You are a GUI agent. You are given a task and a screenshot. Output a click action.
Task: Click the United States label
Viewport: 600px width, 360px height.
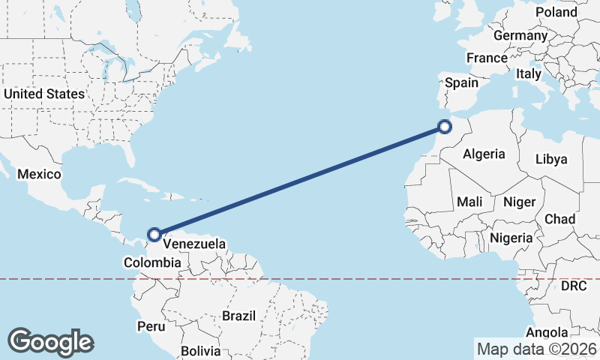(x=44, y=94)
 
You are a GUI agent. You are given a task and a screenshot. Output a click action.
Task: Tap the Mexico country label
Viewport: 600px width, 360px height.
(x=39, y=174)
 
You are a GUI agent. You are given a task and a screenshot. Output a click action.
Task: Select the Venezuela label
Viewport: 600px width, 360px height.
(x=194, y=244)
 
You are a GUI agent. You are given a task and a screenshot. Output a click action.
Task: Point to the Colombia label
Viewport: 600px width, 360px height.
(x=152, y=262)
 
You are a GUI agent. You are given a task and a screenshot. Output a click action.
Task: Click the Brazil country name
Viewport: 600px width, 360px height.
(x=238, y=316)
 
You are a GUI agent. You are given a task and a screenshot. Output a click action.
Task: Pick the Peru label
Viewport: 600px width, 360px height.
(x=150, y=326)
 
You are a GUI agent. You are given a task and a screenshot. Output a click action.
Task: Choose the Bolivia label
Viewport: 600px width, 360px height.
(x=200, y=350)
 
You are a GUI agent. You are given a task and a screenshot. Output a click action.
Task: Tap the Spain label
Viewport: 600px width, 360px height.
(x=462, y=82)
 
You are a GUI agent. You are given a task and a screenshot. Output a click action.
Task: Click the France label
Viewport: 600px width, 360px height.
(x=487, y=58)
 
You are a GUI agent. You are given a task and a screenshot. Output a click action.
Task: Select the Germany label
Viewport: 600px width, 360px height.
(x=520, y=35)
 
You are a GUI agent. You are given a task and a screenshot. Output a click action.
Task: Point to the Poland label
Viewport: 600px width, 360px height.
(x=556, y=12)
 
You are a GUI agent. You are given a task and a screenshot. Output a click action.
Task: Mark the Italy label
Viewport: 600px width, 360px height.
(x=528, y=73)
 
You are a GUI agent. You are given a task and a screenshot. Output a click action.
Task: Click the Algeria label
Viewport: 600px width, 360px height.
(x=484, y=154)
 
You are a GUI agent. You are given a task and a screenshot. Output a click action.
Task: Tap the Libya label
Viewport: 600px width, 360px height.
(x=551, y=159)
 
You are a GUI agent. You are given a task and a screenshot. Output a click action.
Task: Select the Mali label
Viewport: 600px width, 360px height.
(x=470, y=202)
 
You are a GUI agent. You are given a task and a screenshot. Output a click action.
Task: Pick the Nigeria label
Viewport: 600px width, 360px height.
(x=511, y=238)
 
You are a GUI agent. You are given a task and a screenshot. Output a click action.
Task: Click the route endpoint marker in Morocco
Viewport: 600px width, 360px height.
(x=445, y=127)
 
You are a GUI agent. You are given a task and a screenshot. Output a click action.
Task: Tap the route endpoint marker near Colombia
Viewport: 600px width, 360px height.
(x=154, y=235)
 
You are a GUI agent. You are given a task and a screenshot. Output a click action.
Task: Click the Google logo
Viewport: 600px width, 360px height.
(x=50, y=342)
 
